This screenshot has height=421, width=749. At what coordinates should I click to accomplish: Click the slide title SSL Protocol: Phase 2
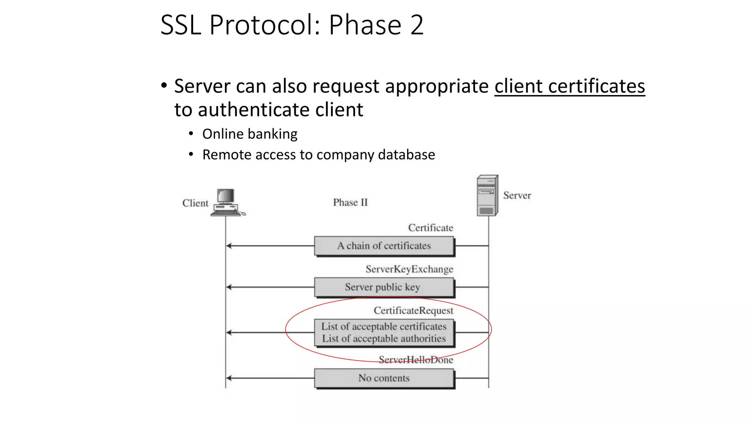coord(292,25)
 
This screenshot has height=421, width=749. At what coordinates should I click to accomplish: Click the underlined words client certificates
coord(569,87)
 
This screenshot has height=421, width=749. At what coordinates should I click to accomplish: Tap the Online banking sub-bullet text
coord(250,134)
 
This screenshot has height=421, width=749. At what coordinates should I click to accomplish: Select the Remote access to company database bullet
coord(319,155)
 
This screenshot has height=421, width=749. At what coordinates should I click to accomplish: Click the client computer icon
coord(227,203)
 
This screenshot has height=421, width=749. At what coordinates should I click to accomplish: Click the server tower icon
coord(487,196)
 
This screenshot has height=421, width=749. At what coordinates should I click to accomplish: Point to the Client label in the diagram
coord(195,203)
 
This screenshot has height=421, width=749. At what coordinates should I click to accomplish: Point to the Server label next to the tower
coord(517,196)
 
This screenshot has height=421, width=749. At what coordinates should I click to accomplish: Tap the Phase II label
coord(350,202)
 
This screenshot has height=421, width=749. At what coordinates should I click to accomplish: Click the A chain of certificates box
coord(384,246)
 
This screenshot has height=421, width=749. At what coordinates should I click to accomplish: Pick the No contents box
coord(384,378)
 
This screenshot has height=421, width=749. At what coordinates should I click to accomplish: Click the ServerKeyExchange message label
coord(409,269)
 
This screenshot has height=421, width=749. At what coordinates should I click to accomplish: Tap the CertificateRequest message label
coord(413,311)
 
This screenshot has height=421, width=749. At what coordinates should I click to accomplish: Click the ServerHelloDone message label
coord(416,360)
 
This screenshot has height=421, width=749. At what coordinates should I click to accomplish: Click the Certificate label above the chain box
coord(430,228)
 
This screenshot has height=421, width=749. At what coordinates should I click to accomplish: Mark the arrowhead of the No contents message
coord(229,378)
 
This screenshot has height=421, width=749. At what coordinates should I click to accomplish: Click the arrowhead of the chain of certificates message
coord(229,246)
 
